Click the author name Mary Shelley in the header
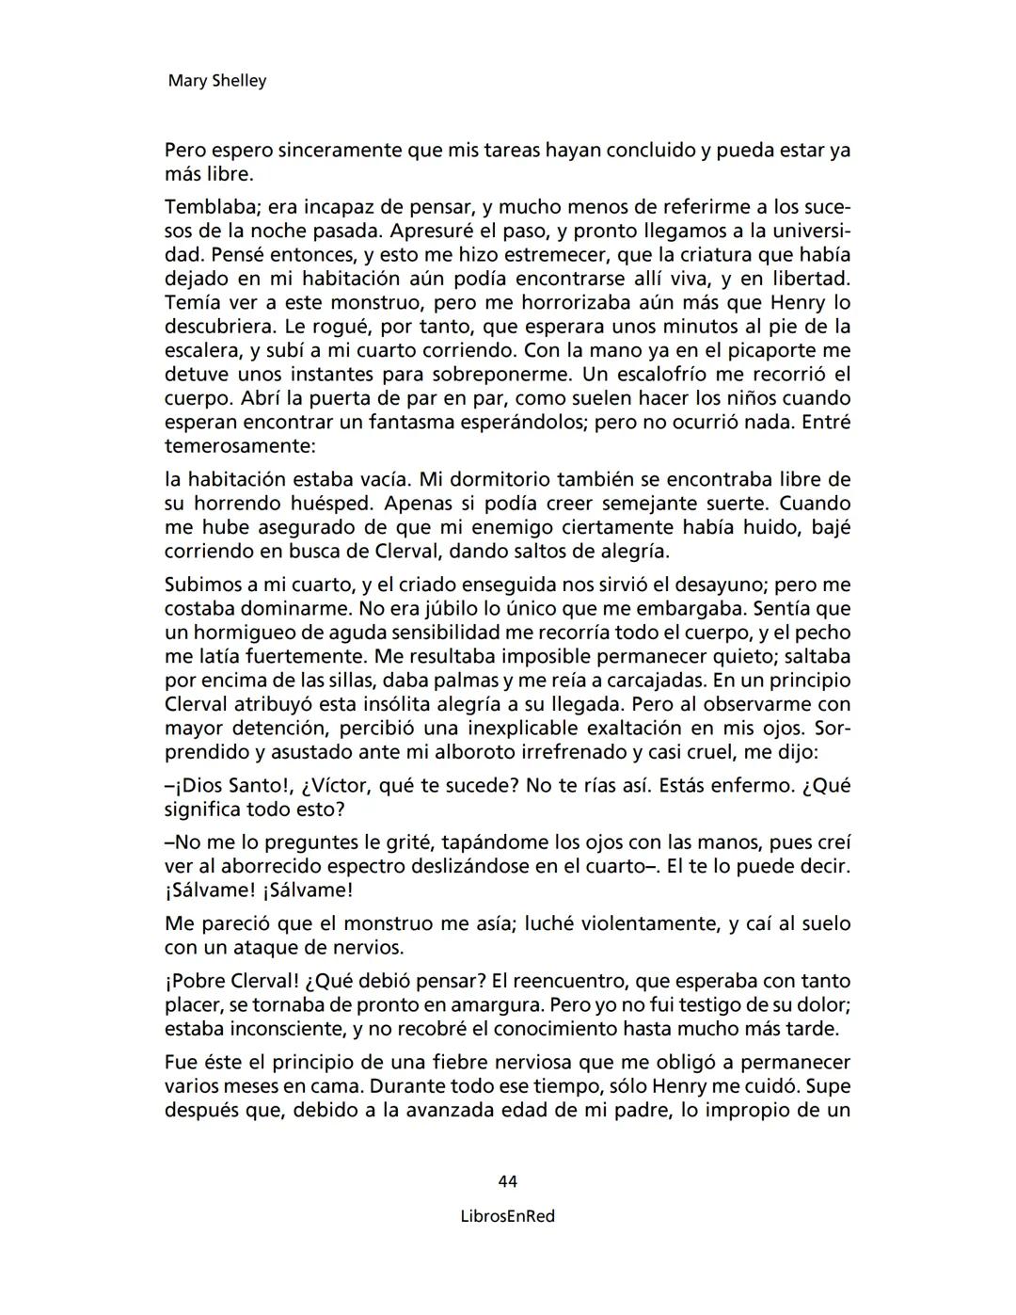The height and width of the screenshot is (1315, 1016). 216,81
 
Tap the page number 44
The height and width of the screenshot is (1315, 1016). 508,1181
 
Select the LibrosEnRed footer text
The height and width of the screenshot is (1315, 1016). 508,1216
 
